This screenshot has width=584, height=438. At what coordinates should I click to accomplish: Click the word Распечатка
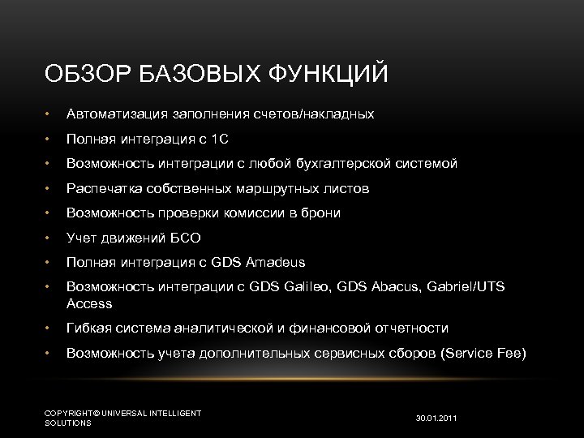pyautogui.click(x=105, y=188)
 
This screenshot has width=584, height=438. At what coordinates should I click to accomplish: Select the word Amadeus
pyautogui.click(x=273, y=263)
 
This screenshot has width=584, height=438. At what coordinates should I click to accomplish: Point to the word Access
pyautogui.click(x=89, y=303)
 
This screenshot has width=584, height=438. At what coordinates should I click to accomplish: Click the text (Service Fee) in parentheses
pyautogui.click(x=483, y=353)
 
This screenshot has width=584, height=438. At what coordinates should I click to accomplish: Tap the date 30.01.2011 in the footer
pyautogui.click(x=436, y=419)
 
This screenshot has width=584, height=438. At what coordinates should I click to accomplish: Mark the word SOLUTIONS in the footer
pyautogui.click(x=68, y=423)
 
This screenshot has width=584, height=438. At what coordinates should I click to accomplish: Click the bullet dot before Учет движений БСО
pyautogui.click(x=49, y=238)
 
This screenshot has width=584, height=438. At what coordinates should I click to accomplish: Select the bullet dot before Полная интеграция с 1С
pyautogui.click(x=49, y=140)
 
